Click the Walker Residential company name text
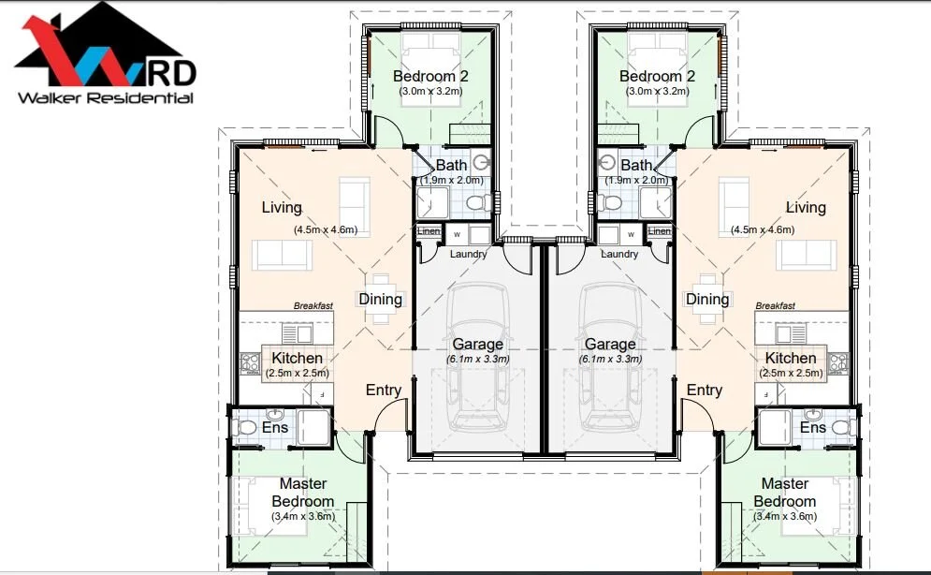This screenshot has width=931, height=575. (104, 97)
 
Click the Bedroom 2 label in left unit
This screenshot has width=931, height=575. (430, 77)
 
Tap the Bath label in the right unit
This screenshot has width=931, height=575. (636, 166)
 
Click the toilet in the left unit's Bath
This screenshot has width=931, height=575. (475, 201)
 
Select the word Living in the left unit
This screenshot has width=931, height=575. (282, 208)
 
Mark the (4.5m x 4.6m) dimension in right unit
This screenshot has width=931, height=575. (763, 229)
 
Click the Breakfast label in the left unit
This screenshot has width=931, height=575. (313, 305)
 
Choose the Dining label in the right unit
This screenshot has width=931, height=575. (707, 300)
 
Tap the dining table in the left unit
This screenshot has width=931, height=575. (380, 298)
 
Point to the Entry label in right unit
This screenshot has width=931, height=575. (704, 391)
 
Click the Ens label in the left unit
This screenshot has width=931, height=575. (274, 428)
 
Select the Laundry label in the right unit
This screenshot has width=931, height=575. (619, 254)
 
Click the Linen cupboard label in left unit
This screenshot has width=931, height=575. (428, 231)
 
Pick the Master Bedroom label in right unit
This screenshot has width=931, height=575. (784, 493)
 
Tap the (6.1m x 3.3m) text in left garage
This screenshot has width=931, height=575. (478, 359)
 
